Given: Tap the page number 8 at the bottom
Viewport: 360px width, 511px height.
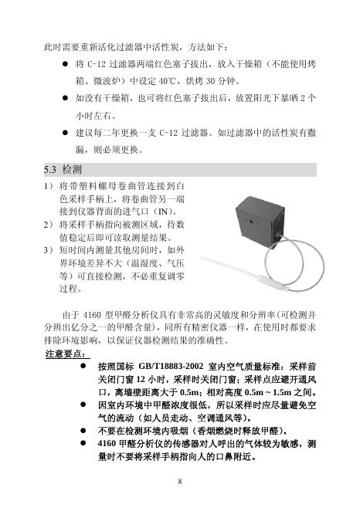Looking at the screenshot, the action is coord(179,482).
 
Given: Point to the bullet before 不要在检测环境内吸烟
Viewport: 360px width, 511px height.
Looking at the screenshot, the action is coord(82,430).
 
